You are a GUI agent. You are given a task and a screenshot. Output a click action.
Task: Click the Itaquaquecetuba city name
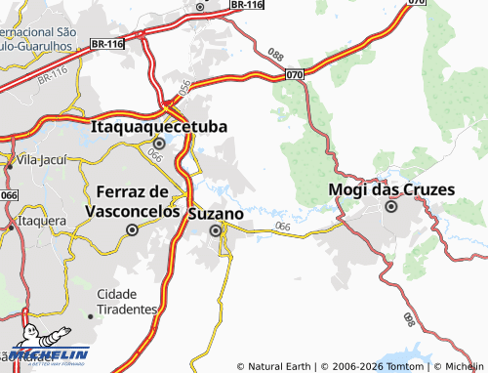point(159,127)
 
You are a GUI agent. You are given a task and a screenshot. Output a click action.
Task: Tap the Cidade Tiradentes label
point(128,301)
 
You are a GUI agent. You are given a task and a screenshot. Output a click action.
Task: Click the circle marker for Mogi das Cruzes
point(391,206)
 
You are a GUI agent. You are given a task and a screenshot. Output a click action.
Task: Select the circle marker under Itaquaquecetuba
point(159,143)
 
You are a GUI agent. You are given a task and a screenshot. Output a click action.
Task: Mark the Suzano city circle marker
point(215,230)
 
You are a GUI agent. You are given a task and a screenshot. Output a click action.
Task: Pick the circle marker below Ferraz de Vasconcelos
point(132,230)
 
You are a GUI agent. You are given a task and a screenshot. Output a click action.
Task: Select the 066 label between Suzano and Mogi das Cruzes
point(283,228)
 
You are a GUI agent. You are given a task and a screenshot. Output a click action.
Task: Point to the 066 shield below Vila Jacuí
point(10,195)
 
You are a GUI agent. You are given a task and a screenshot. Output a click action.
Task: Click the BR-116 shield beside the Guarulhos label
point(107,45)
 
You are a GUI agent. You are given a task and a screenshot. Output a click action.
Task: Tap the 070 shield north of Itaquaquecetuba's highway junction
point(296,74)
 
